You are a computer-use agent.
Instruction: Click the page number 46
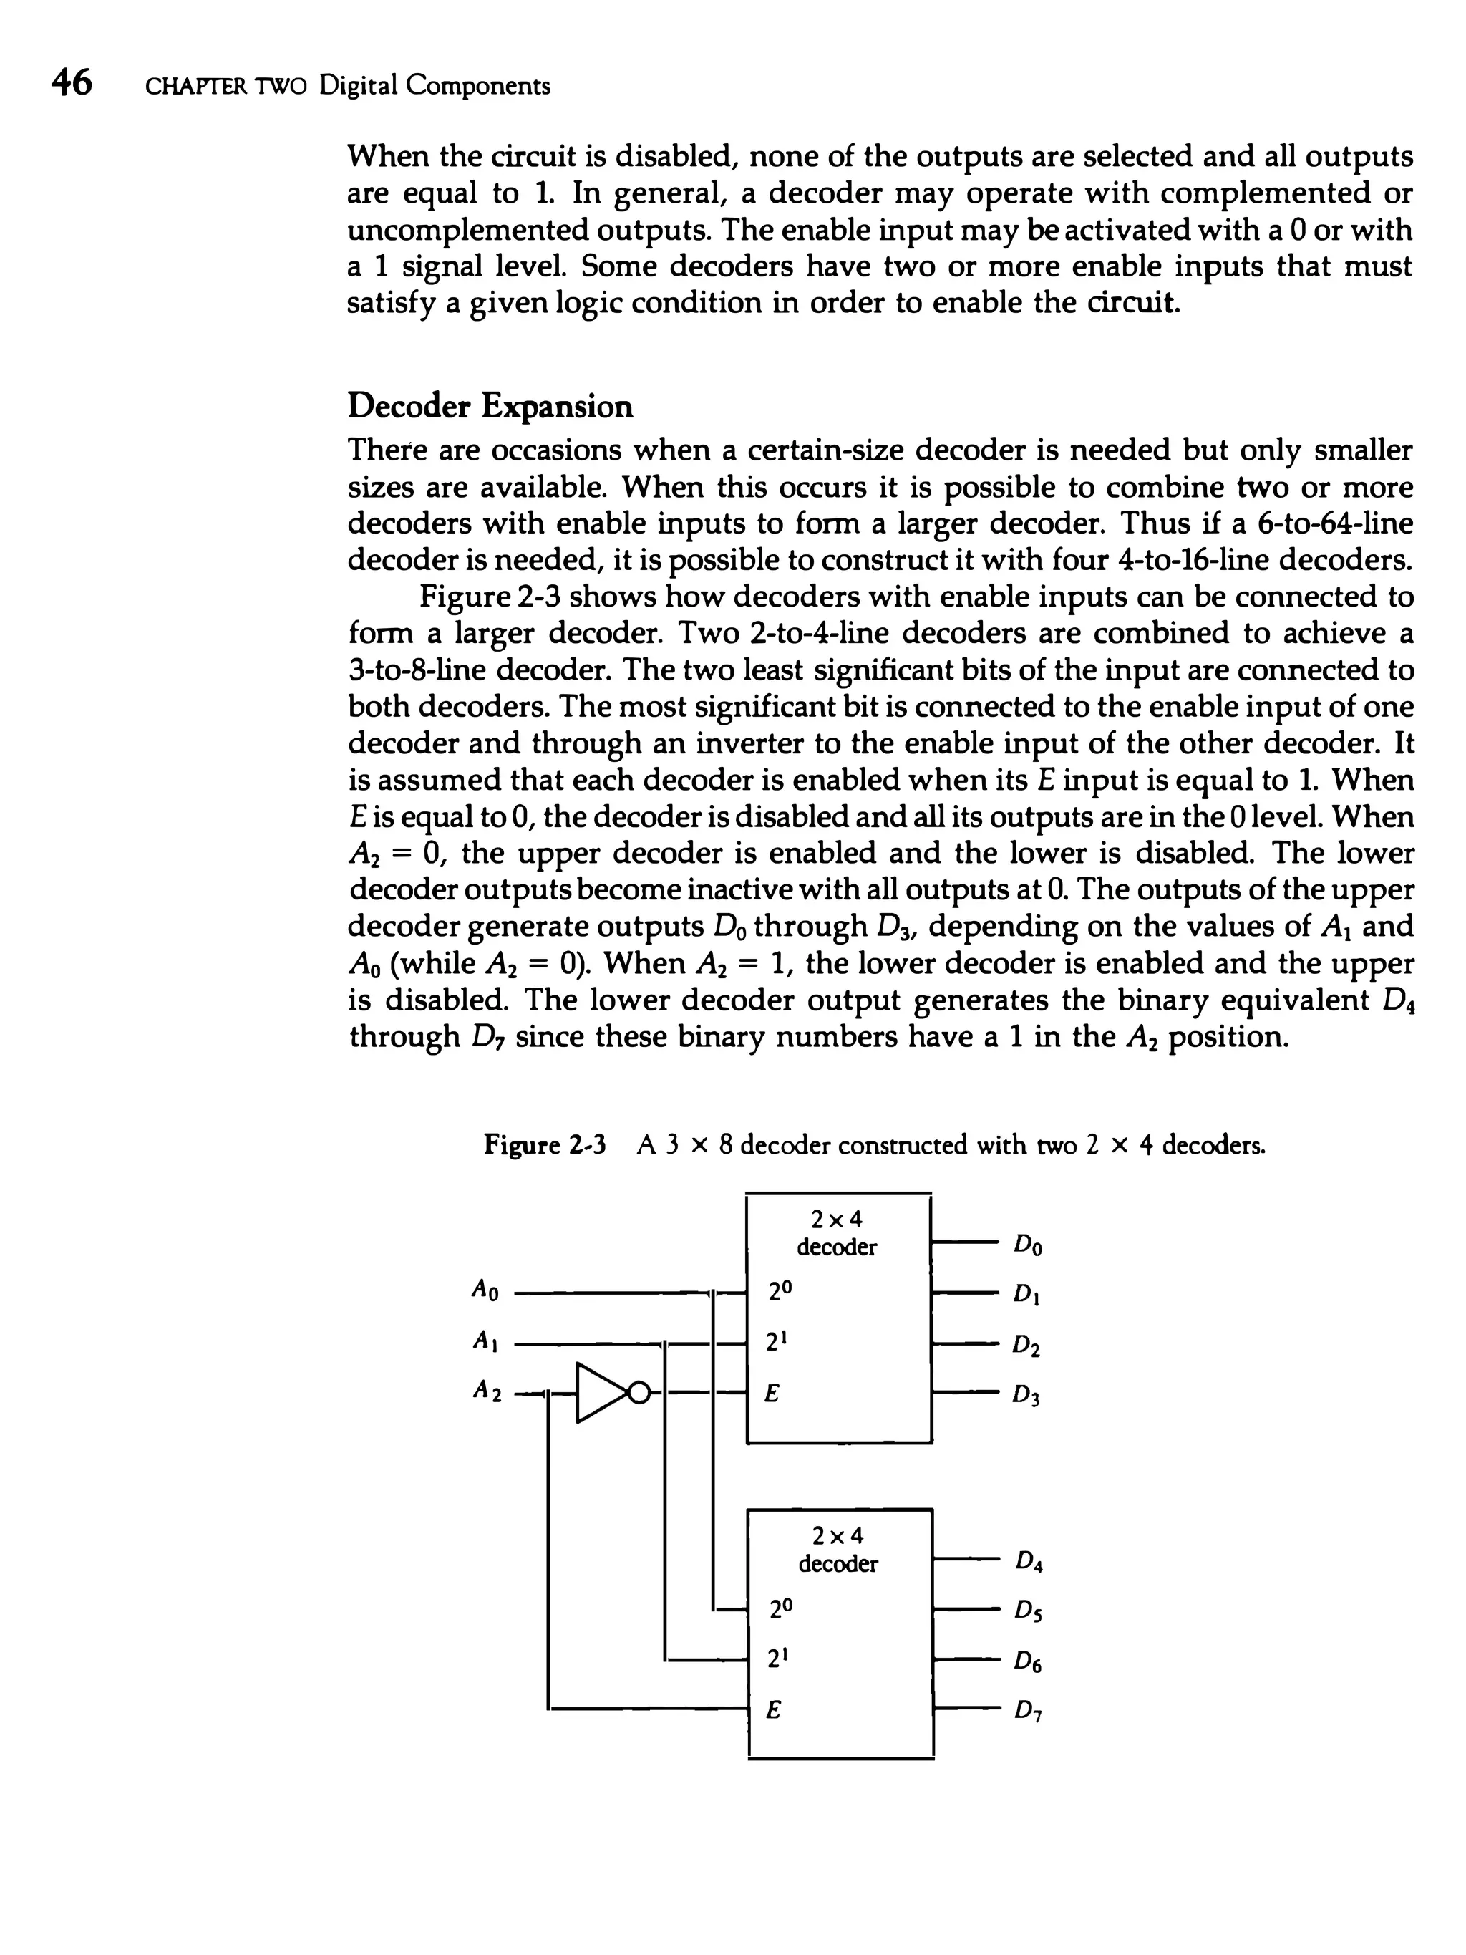tap(71, 83)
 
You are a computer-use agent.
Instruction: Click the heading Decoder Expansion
tap(490, 407)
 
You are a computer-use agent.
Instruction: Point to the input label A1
tap(484, 1341)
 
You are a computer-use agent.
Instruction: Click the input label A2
tap(486, 1391)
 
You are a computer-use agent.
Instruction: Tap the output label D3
tap(1026, 1396)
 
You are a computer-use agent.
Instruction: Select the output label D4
tap(1029, 1562)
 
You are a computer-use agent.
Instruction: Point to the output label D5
tap(1029, 1612)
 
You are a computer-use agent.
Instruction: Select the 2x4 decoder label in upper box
tap(836, 1233)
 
